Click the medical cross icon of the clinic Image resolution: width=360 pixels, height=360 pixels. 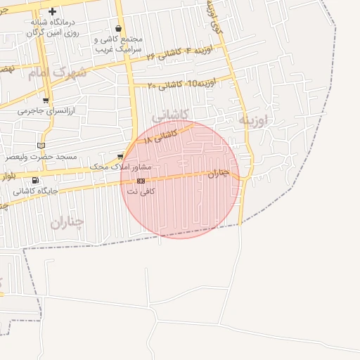[x=52, y=12]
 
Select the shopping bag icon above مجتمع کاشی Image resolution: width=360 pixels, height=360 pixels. [x=117, y=29]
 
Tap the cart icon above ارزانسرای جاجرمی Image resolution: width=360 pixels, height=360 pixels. [x=46, y=101]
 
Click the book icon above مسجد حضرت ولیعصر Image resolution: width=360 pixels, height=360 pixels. [x=41, y=145]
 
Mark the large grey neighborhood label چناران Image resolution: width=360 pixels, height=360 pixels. [x=67, y=222]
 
